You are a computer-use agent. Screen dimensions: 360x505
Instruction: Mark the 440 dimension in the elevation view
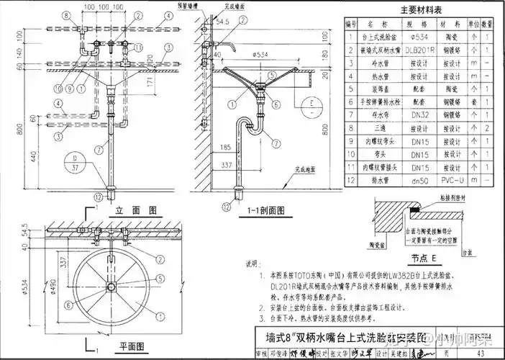point(34,153)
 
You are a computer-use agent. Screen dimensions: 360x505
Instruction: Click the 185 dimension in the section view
point(227,147)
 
